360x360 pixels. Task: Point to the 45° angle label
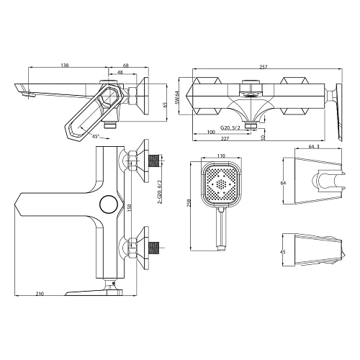96,135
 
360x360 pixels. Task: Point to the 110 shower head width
221,156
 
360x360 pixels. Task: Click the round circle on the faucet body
108,205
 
